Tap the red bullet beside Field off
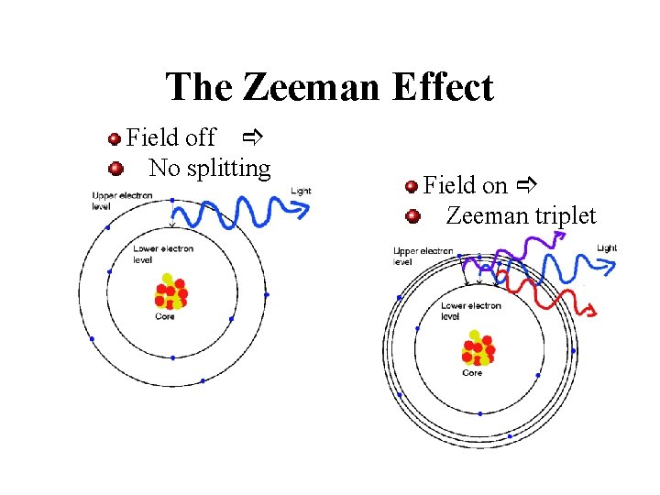coord(115,139)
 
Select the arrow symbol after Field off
coord(253,138)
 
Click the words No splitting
coord(209,169)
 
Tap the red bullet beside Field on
coord(412,187)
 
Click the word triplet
coord(561,216)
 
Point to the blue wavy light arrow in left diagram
coord(238,213)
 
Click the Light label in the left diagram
coord(301,191)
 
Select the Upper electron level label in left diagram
coord(122,201)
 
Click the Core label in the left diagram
coord(165,316)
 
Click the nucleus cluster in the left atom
coord(170,291)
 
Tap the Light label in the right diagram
coord(607,248)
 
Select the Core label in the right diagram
coord(472,372)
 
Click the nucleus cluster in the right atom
coord(477,348)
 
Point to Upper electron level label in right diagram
coord(423,256)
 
